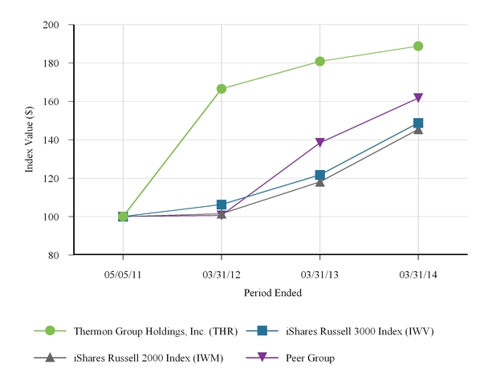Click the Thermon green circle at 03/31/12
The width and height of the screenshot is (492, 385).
click(x=222, y=89)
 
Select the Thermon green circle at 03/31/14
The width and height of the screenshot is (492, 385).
click(x=418, y=47)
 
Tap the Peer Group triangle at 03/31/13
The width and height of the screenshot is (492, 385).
click(x=320, y=143)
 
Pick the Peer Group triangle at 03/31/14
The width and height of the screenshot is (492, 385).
click(x=418, y=98)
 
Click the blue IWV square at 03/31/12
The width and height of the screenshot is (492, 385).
click(x=222, y=205)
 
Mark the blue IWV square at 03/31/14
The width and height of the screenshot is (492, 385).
click(x=418, y=124)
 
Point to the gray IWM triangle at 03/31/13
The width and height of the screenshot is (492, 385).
click(x=320, y=181)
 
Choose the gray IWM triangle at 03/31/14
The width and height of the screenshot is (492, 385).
click(x=418, y=129)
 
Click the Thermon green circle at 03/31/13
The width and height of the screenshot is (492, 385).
click(x=320, y=61)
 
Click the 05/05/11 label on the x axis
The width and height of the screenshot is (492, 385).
click(x=123, y=274)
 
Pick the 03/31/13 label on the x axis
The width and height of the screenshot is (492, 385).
click(x=320, y=274)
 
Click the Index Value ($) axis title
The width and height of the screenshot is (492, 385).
click(x=29, y=140)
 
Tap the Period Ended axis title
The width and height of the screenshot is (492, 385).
click(x=271, y=294)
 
